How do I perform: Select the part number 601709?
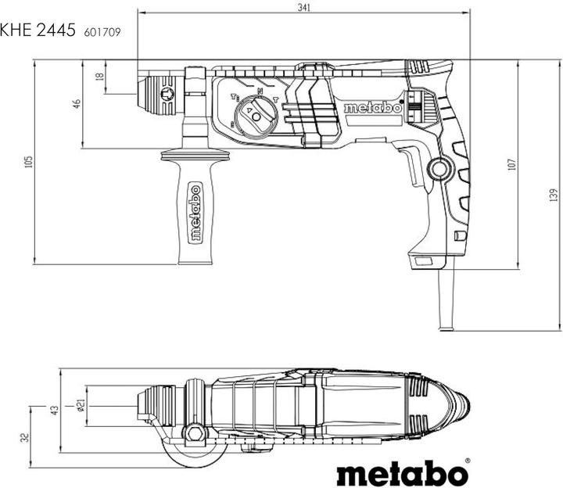(x=102, y=33)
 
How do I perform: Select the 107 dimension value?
(x=511, y=165)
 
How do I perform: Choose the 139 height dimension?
(x=553, y=194)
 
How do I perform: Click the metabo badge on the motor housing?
(x=372, y=108)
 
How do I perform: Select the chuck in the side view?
(x=161, y=93)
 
